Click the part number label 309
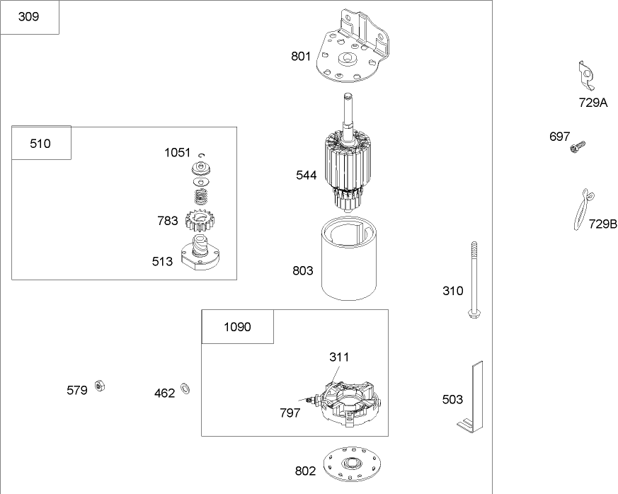tap(28, 17)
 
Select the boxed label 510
tap(40, 144)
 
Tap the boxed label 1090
tap(237, 327)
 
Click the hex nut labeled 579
tap(101, 386)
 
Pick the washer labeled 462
tap(186, 388)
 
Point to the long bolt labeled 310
tap(473, 280)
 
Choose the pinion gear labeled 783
tap(198, 222)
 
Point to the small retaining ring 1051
tap(202, 155)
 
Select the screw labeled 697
tap(578, 147)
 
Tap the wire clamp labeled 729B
tap(581, 209)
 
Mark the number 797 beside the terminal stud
tap(289, 413)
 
